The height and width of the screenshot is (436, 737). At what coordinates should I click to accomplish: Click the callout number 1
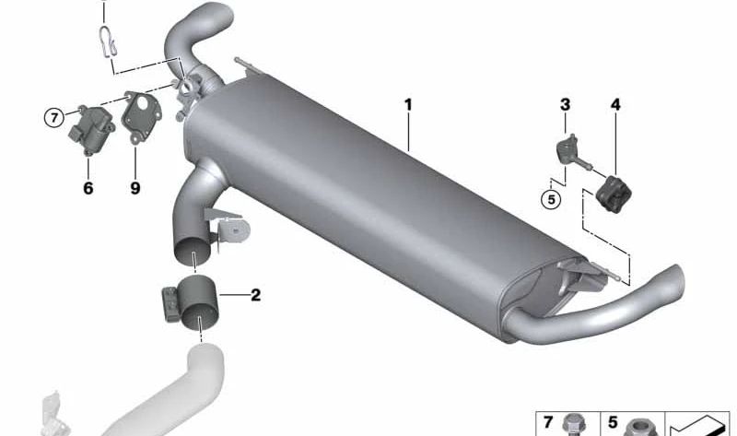pos(407,106)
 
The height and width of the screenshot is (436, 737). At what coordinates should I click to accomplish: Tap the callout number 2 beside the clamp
pos(255,296)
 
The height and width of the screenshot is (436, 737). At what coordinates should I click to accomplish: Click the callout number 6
pos(88,187)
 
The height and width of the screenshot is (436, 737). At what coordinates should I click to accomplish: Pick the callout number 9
pos(135,187)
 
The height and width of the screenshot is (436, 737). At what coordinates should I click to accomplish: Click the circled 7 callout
pos(55,117)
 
